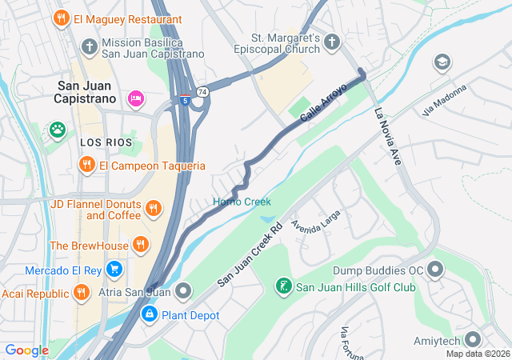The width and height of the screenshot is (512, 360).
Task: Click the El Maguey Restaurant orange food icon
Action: click(61, 18)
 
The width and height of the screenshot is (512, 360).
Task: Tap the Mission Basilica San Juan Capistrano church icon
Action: click(89, 47)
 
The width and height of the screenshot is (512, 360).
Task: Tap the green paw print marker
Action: click(57, 129)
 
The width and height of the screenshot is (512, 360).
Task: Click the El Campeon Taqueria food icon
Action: click(86, 166)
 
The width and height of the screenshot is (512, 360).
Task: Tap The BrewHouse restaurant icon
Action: click(141, 245)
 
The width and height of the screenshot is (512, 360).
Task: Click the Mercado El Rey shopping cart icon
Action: click(114, 269)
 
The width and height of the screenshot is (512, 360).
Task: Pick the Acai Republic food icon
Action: click(80, 293)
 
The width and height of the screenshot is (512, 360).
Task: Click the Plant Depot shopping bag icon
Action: click(149, 315)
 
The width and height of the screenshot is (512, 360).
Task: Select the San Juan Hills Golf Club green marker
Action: click(283, 286)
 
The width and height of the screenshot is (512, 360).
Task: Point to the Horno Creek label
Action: click(242, 202)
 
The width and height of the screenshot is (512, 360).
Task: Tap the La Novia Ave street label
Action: click(386, 136)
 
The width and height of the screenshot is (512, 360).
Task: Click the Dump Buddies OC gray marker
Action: click(435, 270)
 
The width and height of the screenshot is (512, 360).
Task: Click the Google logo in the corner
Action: click(27, 350)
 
